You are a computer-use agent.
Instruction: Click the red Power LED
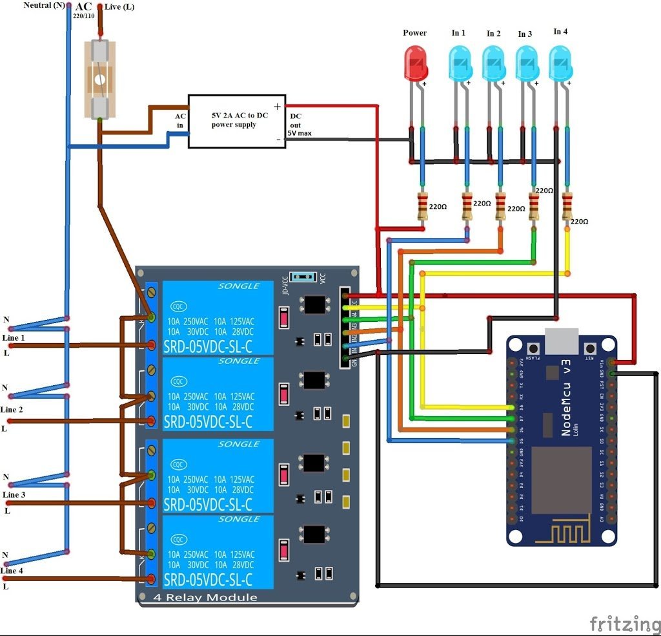point(415,63)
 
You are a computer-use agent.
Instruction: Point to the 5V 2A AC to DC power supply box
point(236,121)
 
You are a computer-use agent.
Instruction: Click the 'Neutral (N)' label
point(44,6)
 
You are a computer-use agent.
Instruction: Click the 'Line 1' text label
point(14,337)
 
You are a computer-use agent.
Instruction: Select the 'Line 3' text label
point(14,494)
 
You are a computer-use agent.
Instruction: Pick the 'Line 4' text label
point(12,571)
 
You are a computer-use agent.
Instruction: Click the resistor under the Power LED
point(423,206)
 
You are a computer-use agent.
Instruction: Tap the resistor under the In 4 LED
point(567,206)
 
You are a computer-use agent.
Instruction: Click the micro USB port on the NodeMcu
point(562,341)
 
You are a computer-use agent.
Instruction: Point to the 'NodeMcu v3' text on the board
point(566,397)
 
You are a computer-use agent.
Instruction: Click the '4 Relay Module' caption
point(205,597)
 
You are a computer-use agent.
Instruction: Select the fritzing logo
point(624,624)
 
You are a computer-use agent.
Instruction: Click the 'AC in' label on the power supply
point(181,120)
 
